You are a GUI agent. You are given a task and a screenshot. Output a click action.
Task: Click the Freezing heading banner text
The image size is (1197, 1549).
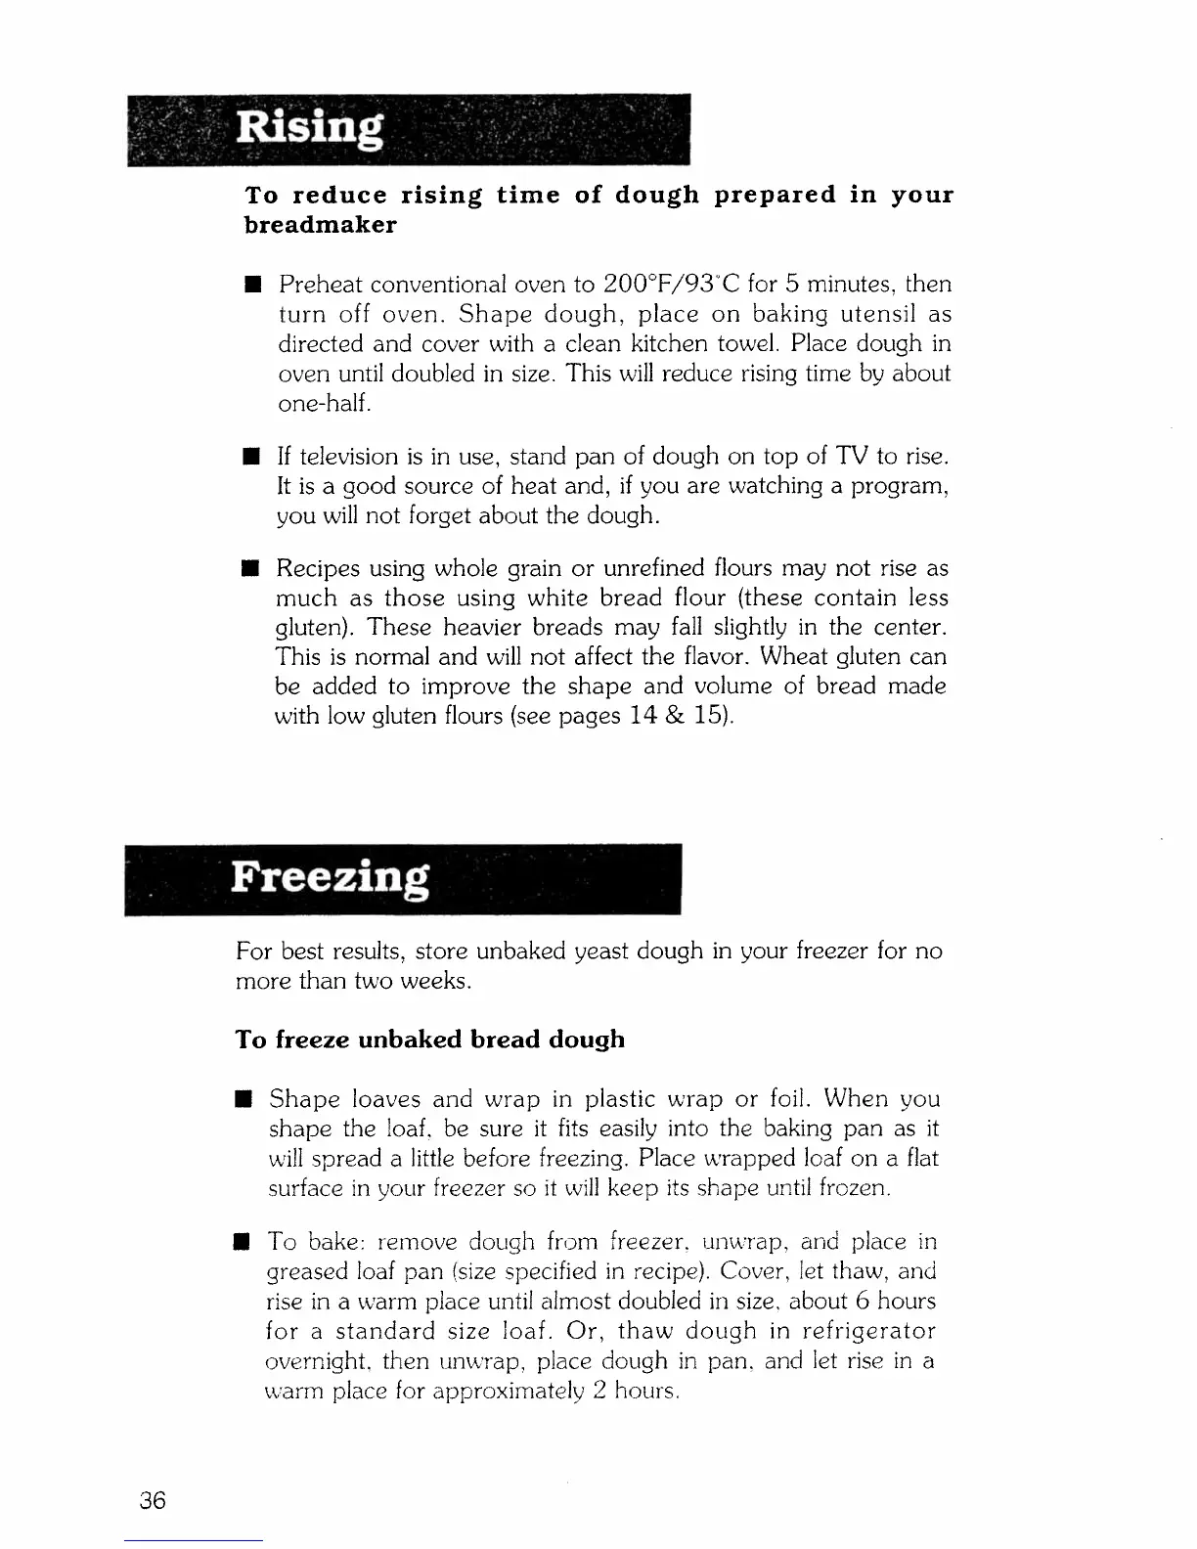click(331, 876)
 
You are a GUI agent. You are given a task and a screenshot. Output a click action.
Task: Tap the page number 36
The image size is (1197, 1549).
click(153, 1500)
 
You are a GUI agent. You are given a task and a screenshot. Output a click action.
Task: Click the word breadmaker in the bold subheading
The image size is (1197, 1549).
click(320, 225)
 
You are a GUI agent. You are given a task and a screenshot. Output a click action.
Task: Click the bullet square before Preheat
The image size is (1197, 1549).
click(251, 286)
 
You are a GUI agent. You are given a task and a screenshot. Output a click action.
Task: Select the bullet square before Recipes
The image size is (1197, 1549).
click(250, 569)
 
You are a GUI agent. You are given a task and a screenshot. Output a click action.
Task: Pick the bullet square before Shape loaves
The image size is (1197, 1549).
click(243, 1099)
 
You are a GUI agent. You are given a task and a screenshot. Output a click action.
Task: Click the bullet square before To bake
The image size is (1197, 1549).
click(242, 1243)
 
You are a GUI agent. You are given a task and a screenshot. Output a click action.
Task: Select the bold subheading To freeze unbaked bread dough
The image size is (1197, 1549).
click(430, 1039)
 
